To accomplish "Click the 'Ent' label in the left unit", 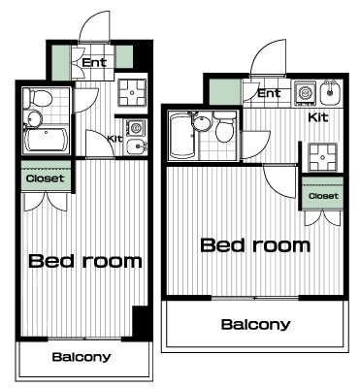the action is tap(94, 62).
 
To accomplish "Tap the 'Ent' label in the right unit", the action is tap(270, 93).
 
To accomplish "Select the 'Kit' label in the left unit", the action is tap(115, 139).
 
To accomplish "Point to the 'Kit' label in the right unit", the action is tap(318, 117).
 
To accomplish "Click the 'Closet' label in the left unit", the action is tap(46, 178).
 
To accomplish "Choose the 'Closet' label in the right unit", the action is tap(323, 196).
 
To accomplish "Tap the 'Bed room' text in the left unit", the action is tap(85, 261).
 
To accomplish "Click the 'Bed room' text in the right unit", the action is tap(255, 245).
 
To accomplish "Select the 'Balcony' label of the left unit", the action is tap(82, 357).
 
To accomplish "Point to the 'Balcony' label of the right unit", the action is tap(255, 324).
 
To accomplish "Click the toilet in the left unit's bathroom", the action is tap(39, 97).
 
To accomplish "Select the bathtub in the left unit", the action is tap(46, 141).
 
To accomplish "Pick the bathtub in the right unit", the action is tap(181, 136).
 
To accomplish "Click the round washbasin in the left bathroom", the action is tap(34, 118).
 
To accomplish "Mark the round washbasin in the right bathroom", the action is tap(202, 123).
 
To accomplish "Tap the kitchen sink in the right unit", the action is tap(330, 93).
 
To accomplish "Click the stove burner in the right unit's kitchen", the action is tap(305, 93).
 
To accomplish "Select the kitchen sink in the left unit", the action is tap(137, 147).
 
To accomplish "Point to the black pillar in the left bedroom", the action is tap(141, 322).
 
